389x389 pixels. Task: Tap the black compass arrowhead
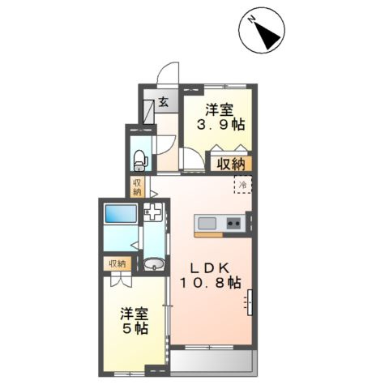pos(267,35)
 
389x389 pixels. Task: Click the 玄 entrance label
pos(163,102)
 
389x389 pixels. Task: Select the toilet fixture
pos(140,160)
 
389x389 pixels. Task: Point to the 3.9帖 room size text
pos(220,125)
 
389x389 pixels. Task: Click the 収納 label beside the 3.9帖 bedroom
pos(231,164)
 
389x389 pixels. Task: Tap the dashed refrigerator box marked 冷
pos(243,185)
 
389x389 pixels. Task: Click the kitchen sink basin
pos(207,223)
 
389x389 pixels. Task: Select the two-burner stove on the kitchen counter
pos(233,224)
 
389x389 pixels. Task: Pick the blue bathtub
pos(121,213)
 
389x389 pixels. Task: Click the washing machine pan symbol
pos(153,212)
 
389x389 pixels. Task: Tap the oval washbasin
pos(154,263)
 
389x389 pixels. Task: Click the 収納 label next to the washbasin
pos(118,263)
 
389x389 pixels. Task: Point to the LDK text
pos(210,268)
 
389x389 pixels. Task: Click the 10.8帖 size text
pos(210,283)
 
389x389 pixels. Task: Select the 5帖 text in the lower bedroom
pos(135,328)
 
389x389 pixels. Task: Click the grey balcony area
pos(212,361)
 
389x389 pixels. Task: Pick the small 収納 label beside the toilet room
pos(137,187)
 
